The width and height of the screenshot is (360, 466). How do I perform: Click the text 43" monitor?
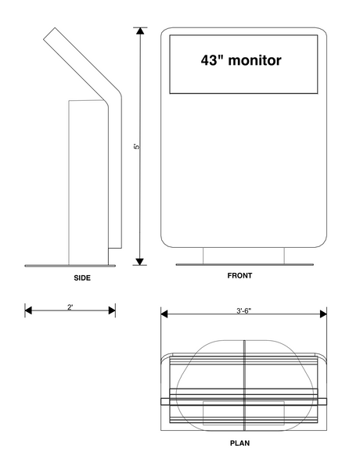[x=240, y=59]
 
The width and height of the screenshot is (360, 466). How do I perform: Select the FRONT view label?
[x=239, y=276]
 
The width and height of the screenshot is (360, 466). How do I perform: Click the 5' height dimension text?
[x=136, y=146]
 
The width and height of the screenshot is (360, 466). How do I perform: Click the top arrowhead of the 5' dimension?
[x=141, y=31]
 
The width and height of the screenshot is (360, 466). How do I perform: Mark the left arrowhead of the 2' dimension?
[x=28, y=310]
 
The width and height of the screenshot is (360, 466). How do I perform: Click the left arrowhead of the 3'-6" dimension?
[x=165, y=314]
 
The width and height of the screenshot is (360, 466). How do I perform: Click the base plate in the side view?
[x=70, y=265]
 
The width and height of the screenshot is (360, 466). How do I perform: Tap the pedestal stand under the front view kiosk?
[x=243, y=255]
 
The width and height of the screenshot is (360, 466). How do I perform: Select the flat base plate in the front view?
[x=243, y=264]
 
